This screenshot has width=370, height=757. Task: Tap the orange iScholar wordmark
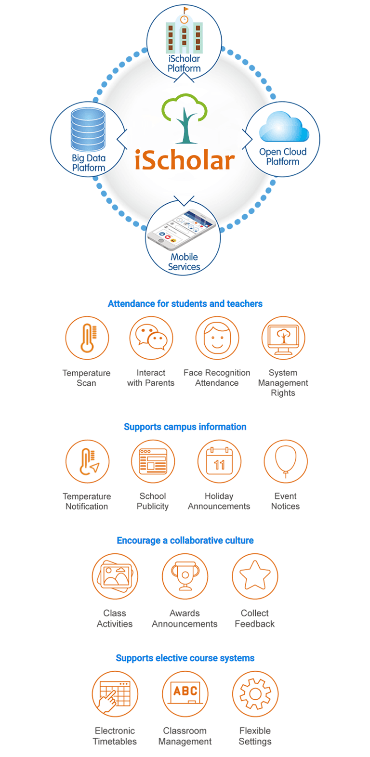coord(185,160)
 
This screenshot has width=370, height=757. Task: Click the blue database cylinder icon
coord(88,129)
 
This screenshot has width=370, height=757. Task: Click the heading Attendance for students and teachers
coord(185,304)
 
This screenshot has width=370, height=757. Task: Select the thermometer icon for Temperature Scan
coord(87,338)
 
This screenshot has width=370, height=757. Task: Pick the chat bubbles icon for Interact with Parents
coord(151,338)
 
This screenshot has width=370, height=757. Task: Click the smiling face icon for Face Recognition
coord(217,338)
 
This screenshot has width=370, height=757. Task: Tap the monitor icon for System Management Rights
coord(283,338)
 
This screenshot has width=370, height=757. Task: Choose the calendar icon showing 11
coord(219,461)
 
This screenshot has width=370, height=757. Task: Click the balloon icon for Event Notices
coord(286,461)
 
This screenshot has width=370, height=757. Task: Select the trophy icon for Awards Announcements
coord(185,576)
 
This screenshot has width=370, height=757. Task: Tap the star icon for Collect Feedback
coord(255,576)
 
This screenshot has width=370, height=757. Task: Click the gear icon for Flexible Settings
coord(255,694)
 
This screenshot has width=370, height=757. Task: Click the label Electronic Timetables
coord(115,736)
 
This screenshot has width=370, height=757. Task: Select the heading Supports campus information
coord(185,427)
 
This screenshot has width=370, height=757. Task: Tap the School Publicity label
coord(153,501)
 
